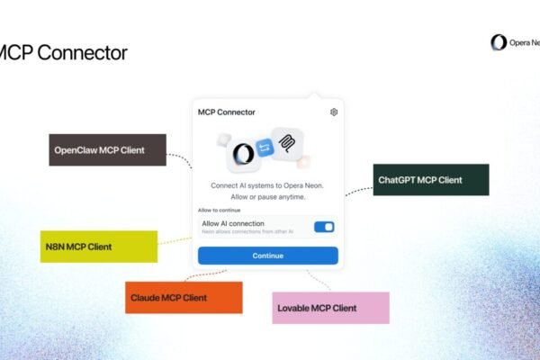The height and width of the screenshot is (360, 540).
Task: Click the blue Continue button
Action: [x=268, y=256]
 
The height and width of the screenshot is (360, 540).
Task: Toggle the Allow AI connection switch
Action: [x=324, y=227]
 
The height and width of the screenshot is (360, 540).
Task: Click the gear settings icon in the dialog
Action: [x=334, y=112]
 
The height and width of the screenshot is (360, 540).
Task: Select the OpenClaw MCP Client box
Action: [x=94, y=149]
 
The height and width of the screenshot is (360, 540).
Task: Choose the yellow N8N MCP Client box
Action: [x=99, y=246]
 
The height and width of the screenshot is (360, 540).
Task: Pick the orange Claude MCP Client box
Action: [x=183, y=297]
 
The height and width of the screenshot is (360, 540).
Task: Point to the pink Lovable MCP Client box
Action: [x=330, y=308]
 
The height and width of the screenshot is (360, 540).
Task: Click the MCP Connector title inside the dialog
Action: [x=226, y=112]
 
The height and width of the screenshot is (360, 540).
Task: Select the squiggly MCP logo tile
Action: [x=288, y=143]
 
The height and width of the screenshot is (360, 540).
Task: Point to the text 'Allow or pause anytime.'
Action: [x=268, y=196]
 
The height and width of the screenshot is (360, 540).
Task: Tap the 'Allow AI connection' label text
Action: [x=233, y=222]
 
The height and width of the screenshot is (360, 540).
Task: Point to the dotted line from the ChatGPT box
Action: [x=358, y=189]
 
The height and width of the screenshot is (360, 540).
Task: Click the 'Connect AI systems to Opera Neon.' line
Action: [x=268, y=184]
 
